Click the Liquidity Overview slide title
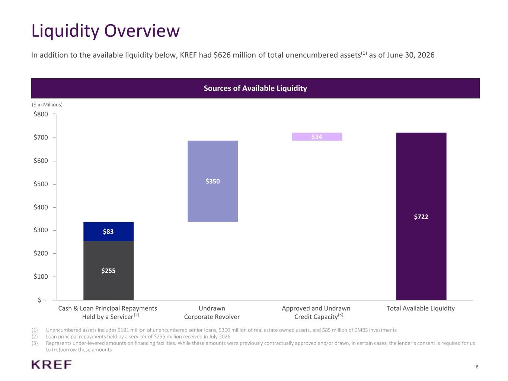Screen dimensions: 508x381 click(105, 31)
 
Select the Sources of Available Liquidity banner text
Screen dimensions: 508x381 click(255, 88)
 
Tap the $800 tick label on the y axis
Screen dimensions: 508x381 click(41, 114)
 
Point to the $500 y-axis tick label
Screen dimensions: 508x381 click(41, 184)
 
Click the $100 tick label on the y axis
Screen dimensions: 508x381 click(41, 276)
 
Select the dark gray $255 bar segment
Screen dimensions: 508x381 click(109, 270)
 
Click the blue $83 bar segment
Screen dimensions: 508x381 click(109, 231)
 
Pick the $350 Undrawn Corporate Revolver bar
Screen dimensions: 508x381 click(213, 181)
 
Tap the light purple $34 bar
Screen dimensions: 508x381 click(317, 137)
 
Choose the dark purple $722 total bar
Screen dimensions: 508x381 click(421, 216)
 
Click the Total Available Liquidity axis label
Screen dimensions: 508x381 click(421, 308)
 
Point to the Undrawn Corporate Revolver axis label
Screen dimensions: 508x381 click(212, 313)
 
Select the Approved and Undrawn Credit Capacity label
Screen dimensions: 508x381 click(316, 313)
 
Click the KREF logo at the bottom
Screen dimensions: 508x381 click(52, 365)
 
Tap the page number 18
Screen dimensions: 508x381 click(476, 367)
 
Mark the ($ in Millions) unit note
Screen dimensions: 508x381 click(47, 105)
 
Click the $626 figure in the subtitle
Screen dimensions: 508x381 click(222, 55)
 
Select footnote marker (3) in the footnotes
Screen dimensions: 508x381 click(35, 343)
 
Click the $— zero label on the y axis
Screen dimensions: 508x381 click(43, 300)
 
